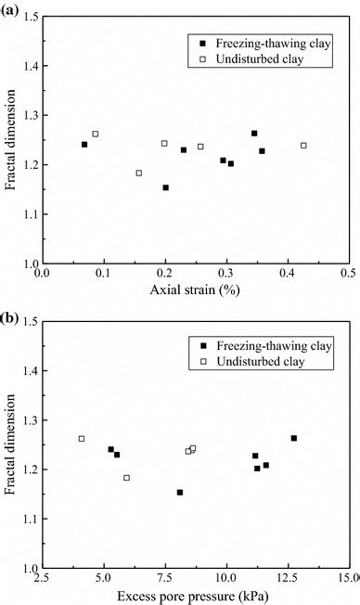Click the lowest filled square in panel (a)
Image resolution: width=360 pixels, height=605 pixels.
coord(165,187)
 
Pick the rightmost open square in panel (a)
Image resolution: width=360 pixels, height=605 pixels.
coord(303,146)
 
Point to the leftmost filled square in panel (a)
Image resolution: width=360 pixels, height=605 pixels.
coord(84,145)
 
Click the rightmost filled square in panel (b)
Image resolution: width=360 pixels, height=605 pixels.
coord(294,438)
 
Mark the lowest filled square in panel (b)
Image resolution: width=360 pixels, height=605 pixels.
coord(180,492)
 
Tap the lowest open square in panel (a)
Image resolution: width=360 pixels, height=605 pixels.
coord(139,173)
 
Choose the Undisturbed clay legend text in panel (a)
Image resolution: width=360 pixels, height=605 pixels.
coord(264,59)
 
